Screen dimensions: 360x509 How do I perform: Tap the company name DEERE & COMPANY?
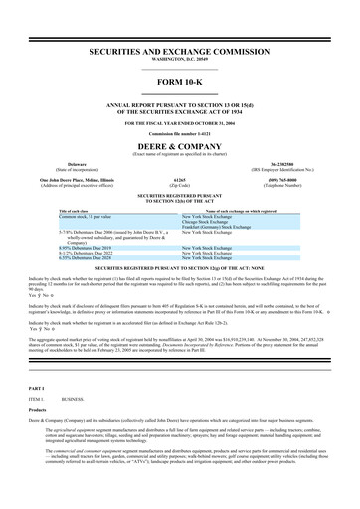179,142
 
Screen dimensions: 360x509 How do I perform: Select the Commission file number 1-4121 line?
179,129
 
